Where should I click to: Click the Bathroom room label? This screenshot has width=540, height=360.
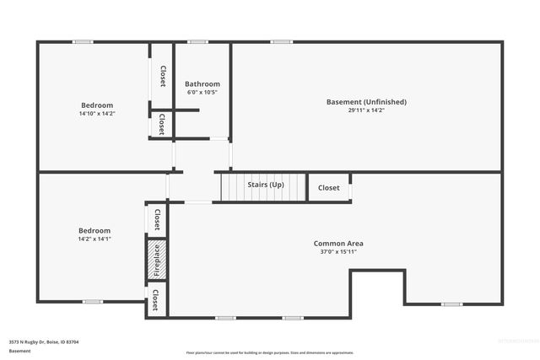pos(202,83)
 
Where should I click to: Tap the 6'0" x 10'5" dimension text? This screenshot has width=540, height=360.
pos(202,92)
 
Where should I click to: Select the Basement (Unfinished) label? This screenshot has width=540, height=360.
pos(366,102)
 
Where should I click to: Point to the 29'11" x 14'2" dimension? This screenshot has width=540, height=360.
pos(366,110)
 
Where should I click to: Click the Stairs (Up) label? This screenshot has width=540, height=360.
pos(265,184)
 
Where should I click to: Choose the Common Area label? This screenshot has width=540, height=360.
pos(338,243)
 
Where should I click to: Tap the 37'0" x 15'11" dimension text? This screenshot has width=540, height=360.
pos(338,251)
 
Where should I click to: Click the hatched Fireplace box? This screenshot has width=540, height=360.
pos(156,260)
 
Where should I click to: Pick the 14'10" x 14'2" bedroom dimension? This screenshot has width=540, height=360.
pos(97,113)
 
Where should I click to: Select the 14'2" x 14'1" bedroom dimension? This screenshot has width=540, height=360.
pos(94,239)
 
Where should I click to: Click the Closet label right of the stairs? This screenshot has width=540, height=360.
pos(329,188)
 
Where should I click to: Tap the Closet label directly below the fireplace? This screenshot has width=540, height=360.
pos(156,298)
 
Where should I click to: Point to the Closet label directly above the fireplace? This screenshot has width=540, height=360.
pos(156,219)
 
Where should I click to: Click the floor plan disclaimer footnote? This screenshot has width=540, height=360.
pos(270,352)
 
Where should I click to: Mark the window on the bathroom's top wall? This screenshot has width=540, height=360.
pos(198,41)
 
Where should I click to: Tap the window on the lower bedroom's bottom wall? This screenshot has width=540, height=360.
pos(92,301)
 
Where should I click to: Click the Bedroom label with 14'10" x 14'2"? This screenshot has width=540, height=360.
pos(97,105)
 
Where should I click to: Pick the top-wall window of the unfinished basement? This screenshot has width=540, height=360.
pos(282,41)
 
